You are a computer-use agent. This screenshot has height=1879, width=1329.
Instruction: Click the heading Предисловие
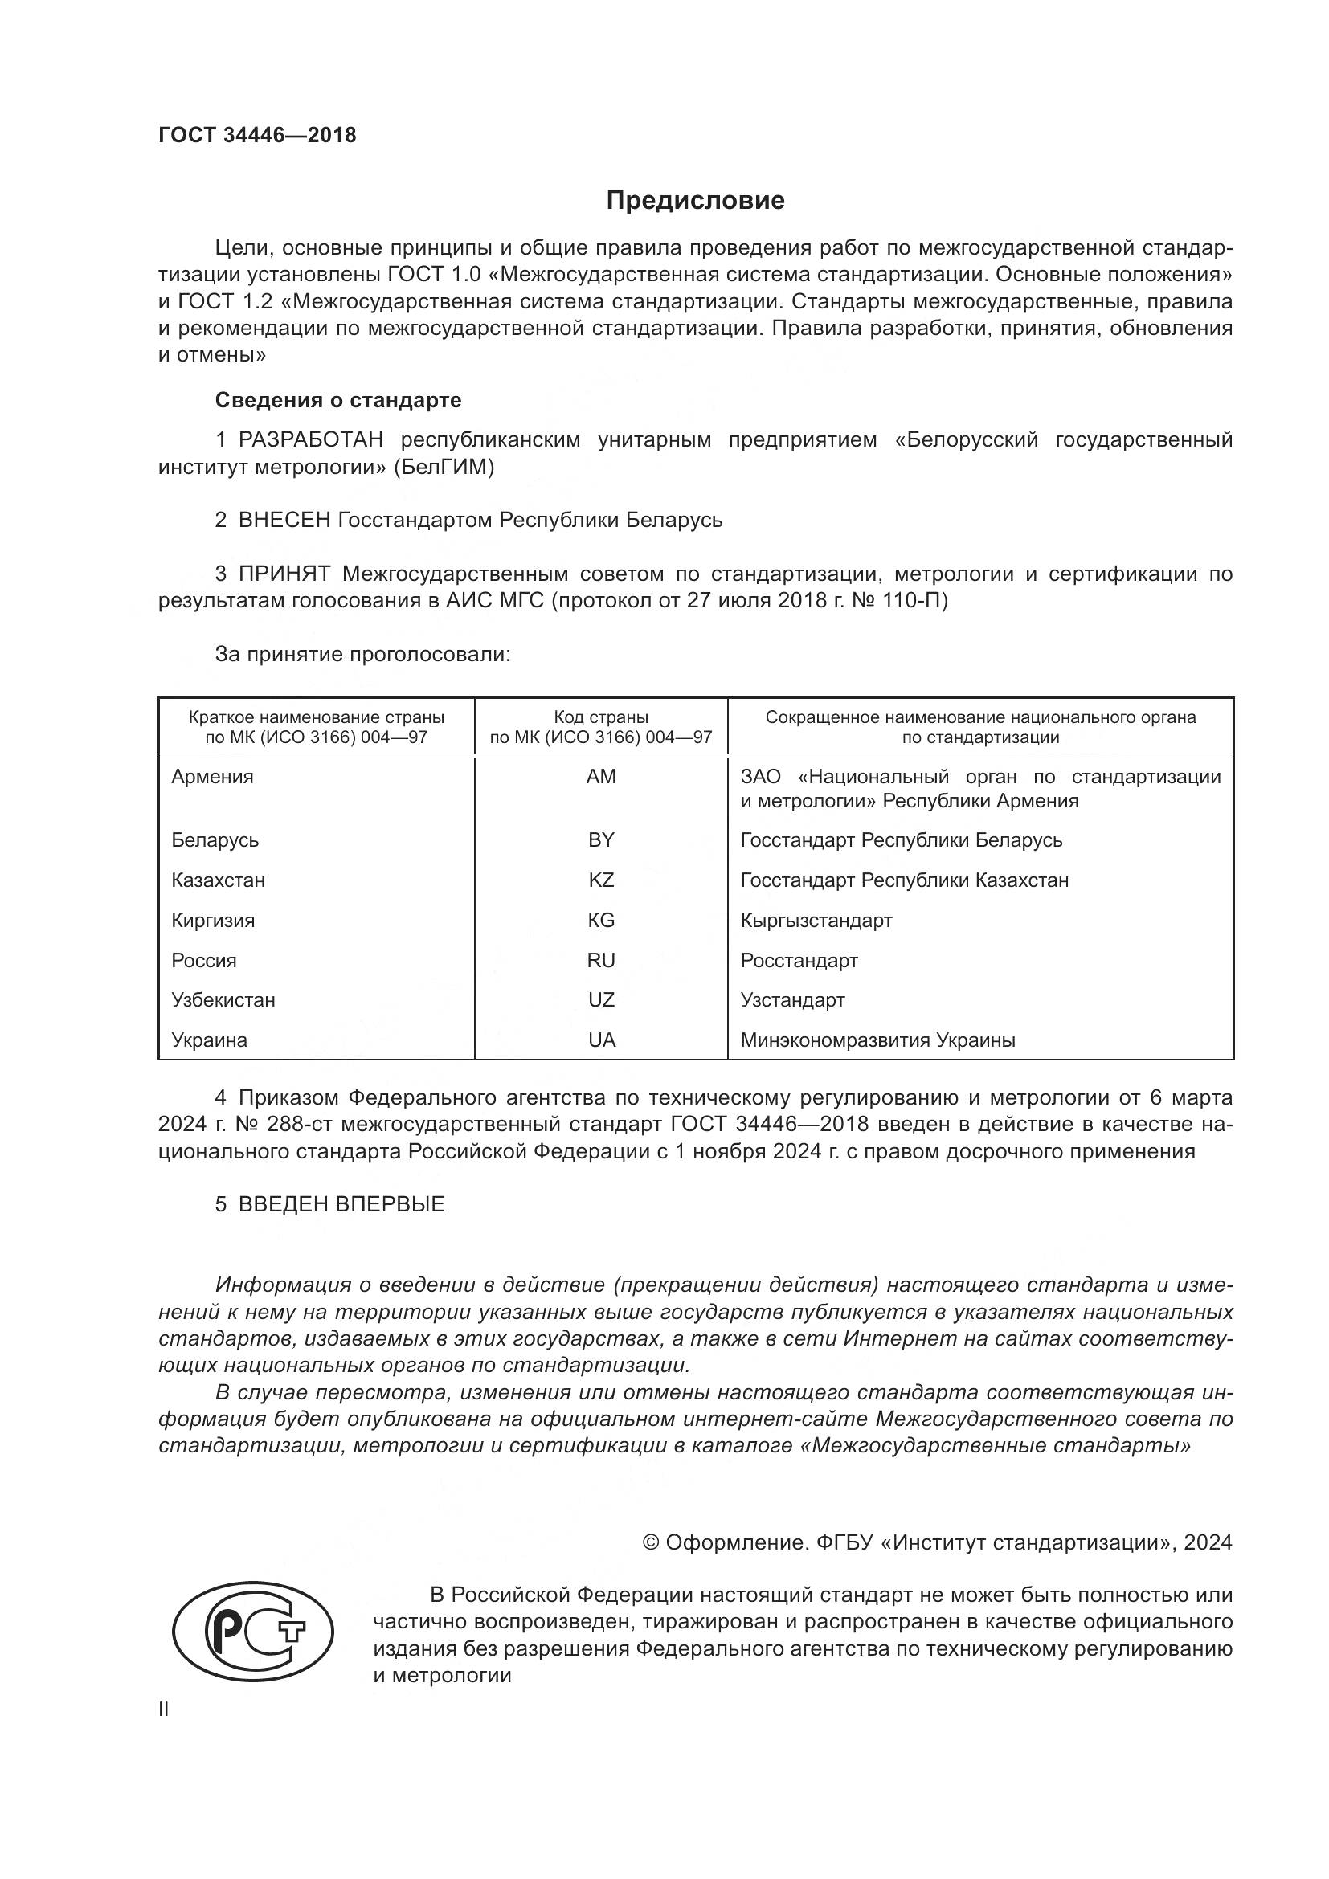click(695, 201)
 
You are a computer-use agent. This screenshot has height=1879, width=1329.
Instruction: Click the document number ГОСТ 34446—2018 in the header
click(257, 135)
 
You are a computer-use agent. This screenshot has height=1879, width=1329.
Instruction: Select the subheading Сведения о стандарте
click(338, 400)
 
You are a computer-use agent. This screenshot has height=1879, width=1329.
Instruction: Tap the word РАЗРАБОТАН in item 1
click(310, 440)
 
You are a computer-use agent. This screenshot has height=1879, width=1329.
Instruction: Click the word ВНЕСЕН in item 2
click(284, 520)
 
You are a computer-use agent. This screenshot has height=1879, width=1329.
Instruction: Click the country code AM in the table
click(601, 777)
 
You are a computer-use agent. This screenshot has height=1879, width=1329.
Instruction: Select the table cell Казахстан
click(218, 880)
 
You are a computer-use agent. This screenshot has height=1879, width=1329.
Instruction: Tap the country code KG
click(601, 921)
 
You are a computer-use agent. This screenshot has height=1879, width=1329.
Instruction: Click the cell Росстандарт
click(799, 961)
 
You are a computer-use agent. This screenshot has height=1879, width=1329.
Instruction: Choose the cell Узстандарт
click(792, 1000)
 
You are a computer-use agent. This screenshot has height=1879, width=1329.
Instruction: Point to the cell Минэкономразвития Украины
click(877, 1040)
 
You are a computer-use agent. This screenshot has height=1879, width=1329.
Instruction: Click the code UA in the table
click(602, 1040)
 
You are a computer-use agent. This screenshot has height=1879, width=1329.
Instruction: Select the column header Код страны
click(601, 717)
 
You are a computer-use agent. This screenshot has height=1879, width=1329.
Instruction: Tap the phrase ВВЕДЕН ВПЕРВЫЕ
click(341, 1204)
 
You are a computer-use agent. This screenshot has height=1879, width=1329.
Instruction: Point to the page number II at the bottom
click(164, 1709)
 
